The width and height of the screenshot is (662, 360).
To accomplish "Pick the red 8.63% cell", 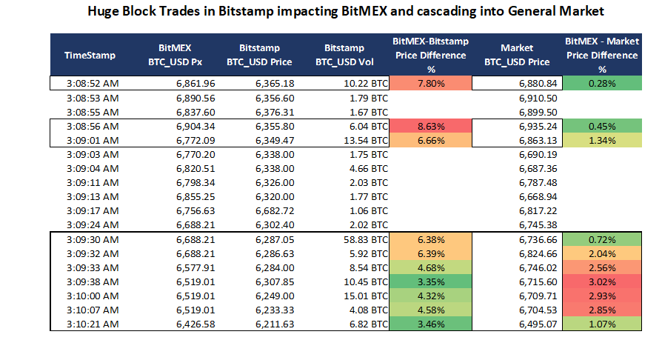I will tap(430, 126).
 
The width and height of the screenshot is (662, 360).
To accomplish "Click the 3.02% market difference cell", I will tap(601, 281).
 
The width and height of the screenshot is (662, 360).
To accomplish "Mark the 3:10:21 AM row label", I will tap(91, 324).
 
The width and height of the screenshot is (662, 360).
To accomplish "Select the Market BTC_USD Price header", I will tap(516, 55).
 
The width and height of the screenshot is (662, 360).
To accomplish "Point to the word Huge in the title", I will tap(105, 12).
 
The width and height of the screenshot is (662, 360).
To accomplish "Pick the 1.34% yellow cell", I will tap(601, 140).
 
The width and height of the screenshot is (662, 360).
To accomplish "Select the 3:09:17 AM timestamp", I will tap(91, 210).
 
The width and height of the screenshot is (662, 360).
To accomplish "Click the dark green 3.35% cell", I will tap(430, 281).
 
